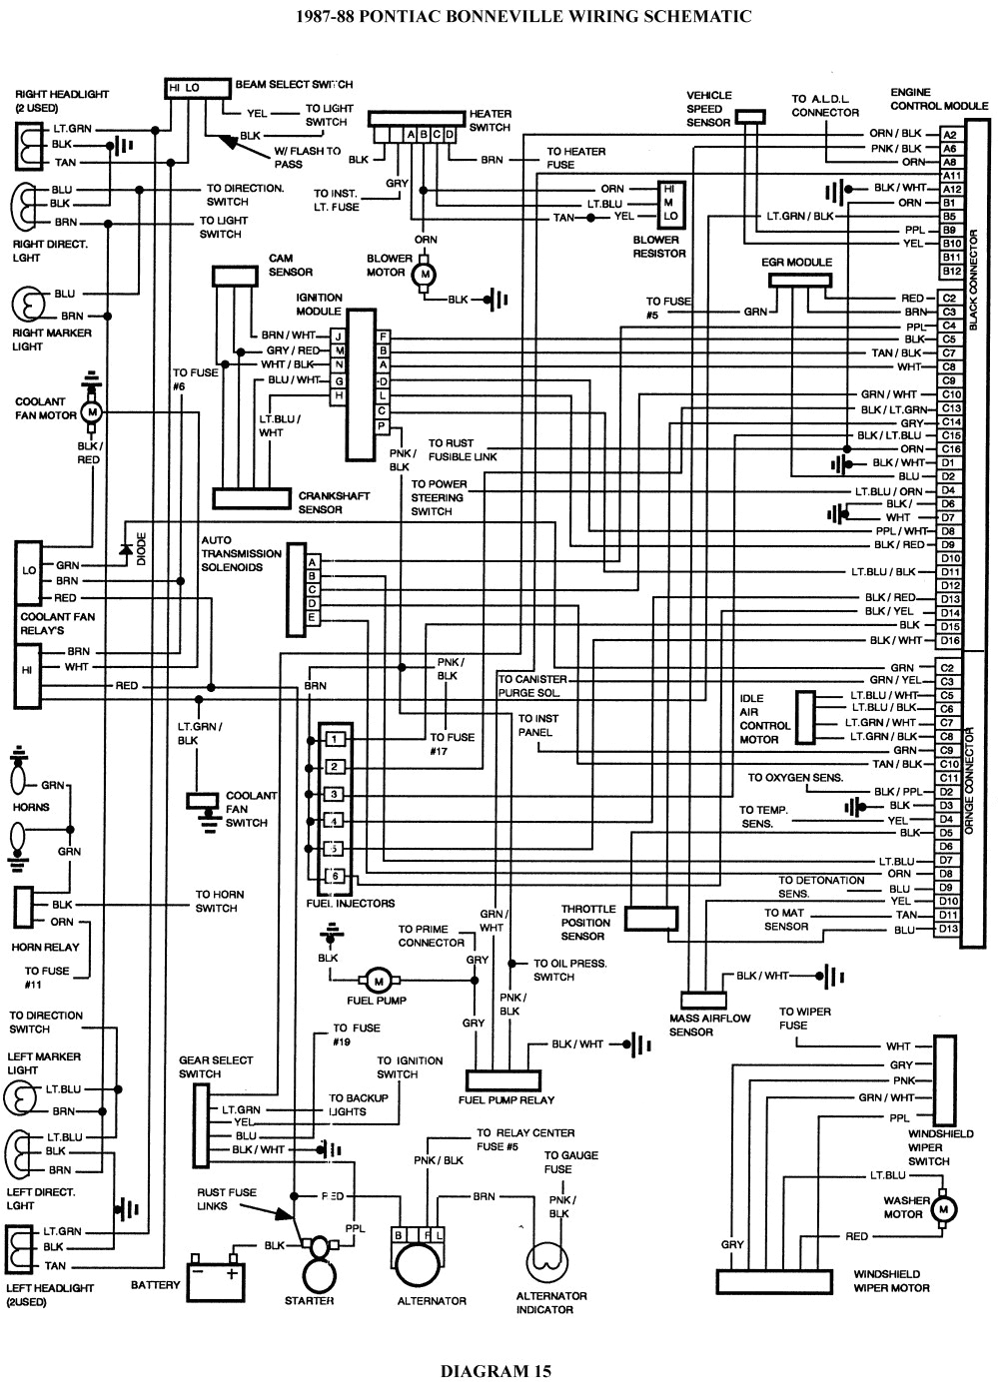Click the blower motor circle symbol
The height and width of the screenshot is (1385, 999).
click(424, 273)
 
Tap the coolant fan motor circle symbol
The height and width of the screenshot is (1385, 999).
click(92, 410)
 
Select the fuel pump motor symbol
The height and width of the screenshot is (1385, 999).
click(377, 980)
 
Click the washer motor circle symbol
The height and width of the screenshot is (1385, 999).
click(942, 1208)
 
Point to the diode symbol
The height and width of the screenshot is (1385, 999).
click(126, 549)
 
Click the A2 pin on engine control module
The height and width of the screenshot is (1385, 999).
click(950, 134)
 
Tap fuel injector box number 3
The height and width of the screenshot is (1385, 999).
click(336, 794)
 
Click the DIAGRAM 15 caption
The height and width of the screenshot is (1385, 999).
click(496, 1370)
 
